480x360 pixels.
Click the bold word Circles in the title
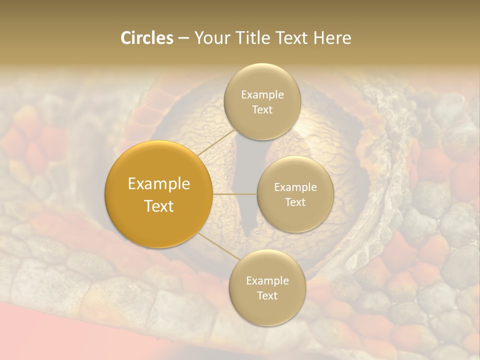[147, 38]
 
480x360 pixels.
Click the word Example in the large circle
[159, 184]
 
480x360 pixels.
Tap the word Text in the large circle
[159, 206]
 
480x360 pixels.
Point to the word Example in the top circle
[262, 94]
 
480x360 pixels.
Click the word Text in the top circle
[262, 109]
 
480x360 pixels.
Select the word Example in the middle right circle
[295, 187]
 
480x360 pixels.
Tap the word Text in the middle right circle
[295, 202]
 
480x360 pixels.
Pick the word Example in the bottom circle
[267, 280]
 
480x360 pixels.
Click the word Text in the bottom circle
[267, 295]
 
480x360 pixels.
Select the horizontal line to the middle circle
[235, 194]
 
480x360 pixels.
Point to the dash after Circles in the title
[183, 38]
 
